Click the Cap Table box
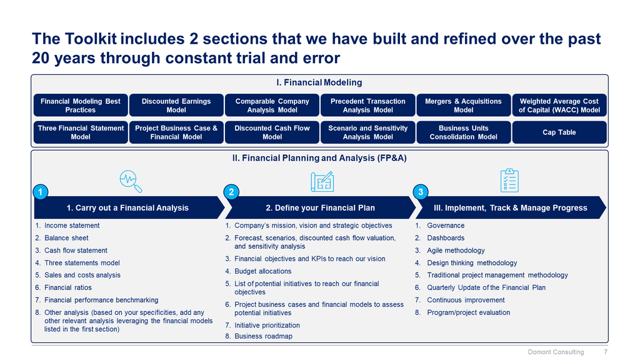click(559, 132)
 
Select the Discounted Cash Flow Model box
click(272, 132)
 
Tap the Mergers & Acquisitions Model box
click(463, 105)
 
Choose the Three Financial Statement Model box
click(81, 132)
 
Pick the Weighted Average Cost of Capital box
click(559, 105)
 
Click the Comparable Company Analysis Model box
click(272, 105)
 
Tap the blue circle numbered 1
click(41, 192)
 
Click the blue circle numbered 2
click(231, 192)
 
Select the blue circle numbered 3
click(421, 192)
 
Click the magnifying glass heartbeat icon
click(131, 181)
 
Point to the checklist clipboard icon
click(509, 180)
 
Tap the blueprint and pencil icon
click(322, 181)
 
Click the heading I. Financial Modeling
click(319, 82)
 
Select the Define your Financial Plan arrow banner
click(321, 207)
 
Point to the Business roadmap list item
click(259, 336)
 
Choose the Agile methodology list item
click(450, 251)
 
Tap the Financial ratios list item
click(63, 287)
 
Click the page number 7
click(606, 352)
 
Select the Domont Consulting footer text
click(556, 352)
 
